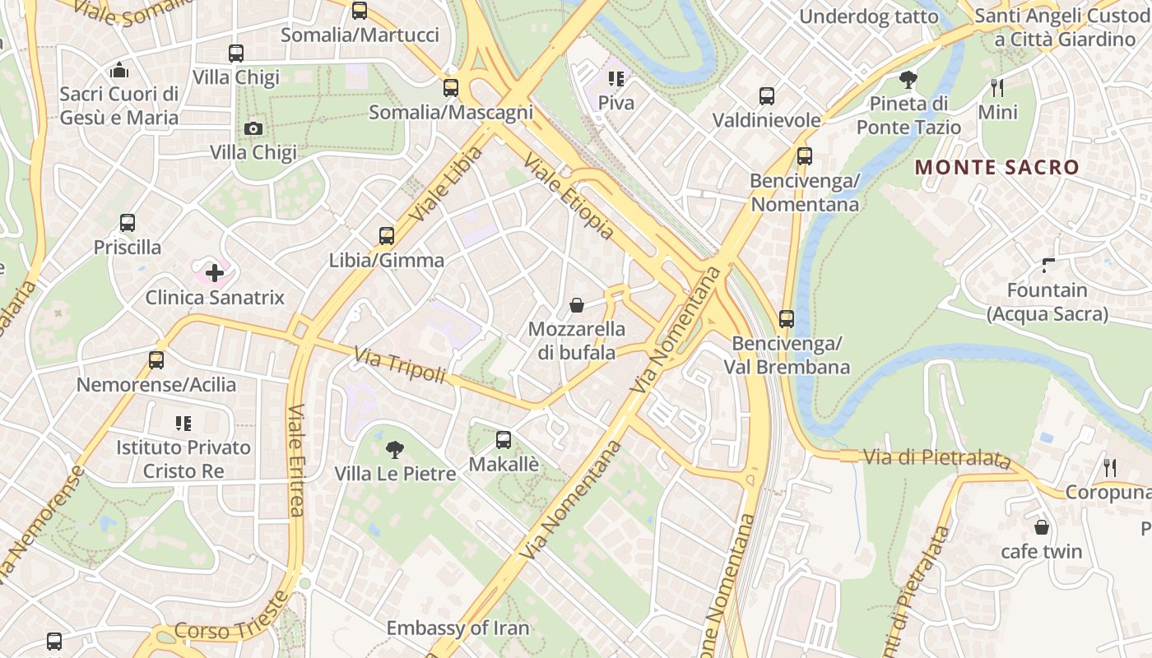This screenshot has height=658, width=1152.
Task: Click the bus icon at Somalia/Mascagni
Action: click(x=451, y=88)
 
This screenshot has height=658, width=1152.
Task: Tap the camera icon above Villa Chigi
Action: click(x=253, y=128)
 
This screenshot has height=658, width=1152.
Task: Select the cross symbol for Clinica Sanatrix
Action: click(x=215, y=272)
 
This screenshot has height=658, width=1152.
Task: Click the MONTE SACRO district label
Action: click(x=996, y=167)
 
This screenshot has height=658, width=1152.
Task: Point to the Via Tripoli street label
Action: click(x=399, y=366)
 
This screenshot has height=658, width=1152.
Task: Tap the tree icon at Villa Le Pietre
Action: click(x=395, y=449)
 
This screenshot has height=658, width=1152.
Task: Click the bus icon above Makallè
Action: click(x=504, y=440)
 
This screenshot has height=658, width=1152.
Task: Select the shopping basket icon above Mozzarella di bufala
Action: click(x=577, y=305)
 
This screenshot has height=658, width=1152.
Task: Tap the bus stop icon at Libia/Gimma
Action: click(x=387, y=236)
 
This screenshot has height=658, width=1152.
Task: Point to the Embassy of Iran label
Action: click(x=458, y=628)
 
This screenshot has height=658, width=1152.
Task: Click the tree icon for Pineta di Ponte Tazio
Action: click(x=908, y=80)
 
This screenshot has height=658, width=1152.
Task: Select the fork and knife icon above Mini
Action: click(x=997, y=87)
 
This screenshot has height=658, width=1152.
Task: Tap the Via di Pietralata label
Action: click(x=936, y=458)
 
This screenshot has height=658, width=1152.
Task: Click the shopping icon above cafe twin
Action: click(x=1042, y=527)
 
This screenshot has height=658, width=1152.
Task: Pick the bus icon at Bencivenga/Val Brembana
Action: click(x=787, y=318)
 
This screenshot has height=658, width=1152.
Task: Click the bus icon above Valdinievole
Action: click(x=767, y=96)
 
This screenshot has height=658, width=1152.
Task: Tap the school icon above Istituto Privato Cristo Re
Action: click(x=183, y=424)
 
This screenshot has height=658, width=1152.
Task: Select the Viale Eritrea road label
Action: click(x=296, y=461)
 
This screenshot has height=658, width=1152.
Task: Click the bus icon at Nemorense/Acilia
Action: click(x=156, y=360)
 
